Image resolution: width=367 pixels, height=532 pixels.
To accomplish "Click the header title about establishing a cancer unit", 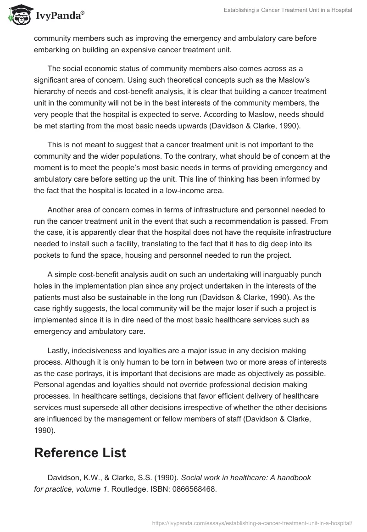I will [x=288, y=10].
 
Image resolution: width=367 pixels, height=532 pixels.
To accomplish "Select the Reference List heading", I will [x=80, y=453].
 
